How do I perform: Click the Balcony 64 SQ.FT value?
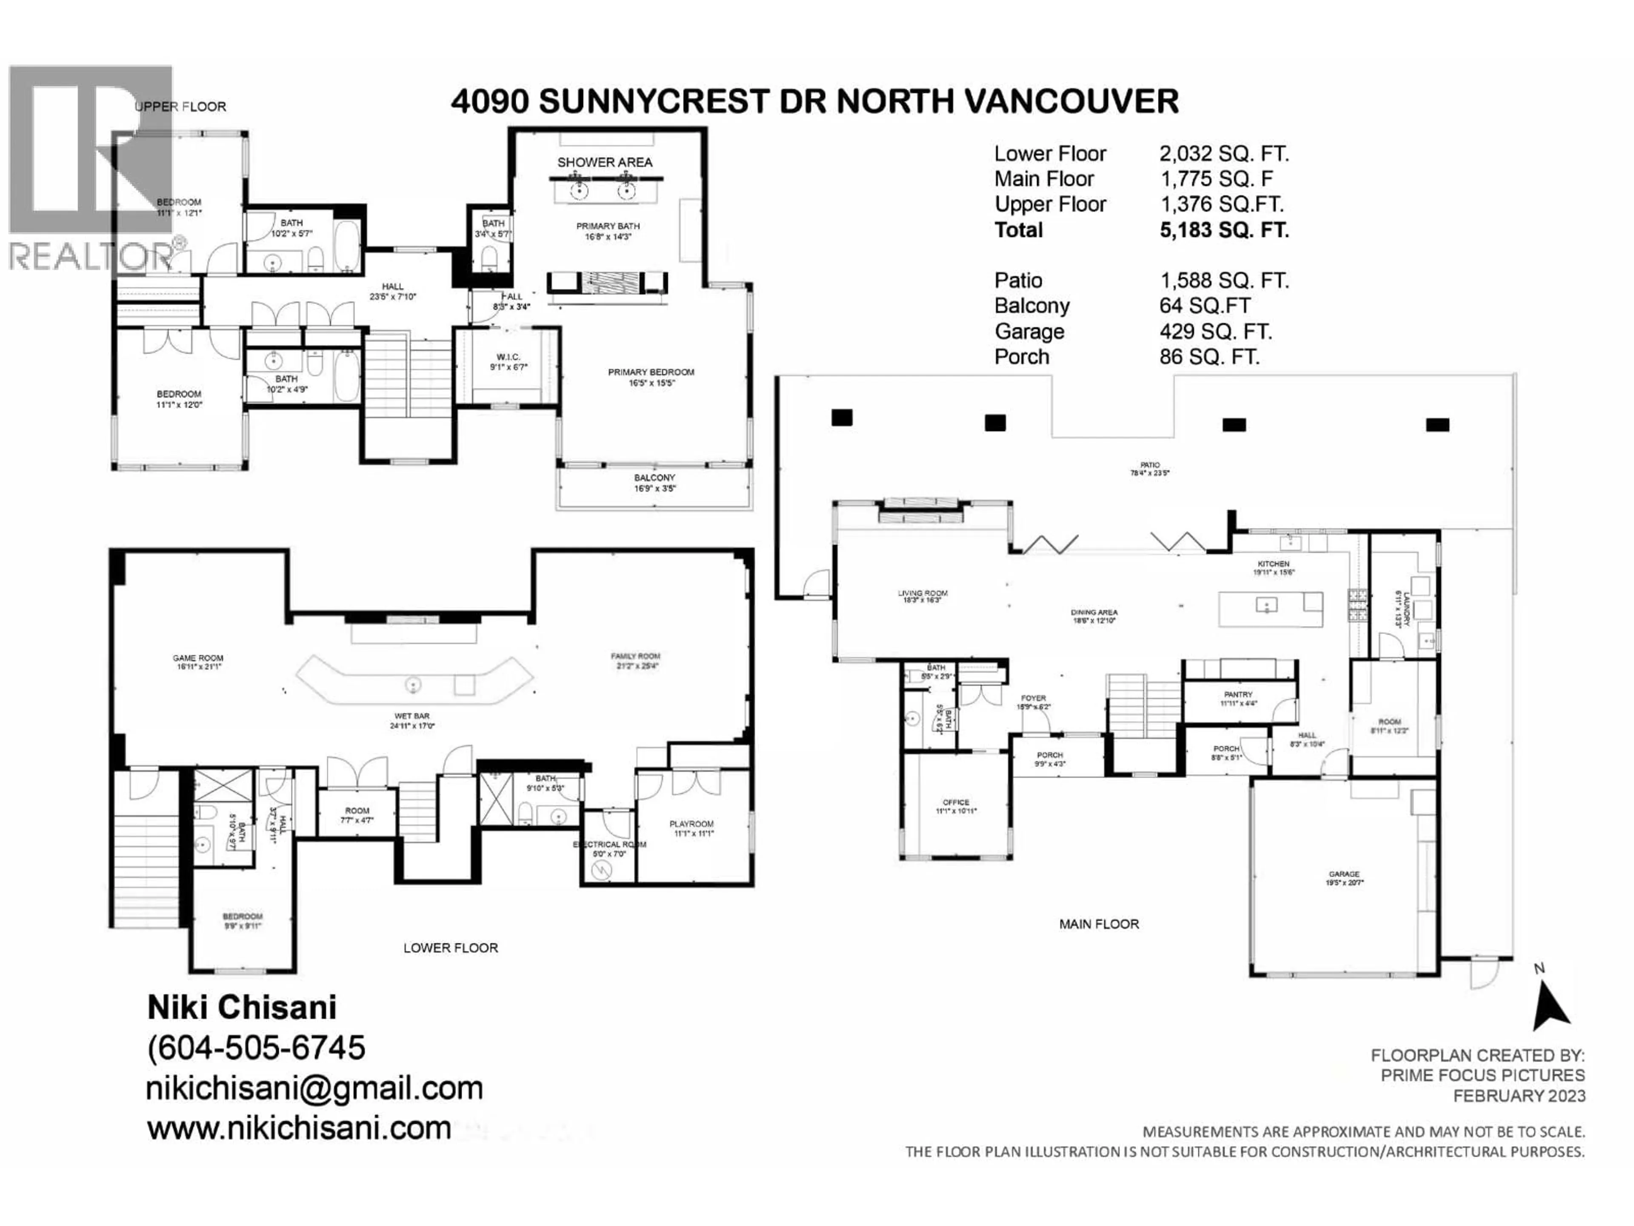pyautogui.click(x=1204, y=306)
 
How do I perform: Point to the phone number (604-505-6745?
pyautogui.click(x=256, y=1048)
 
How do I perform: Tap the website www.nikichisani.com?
pyautogui.click(x=298, y=1128)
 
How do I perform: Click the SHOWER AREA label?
pyautogui.click(x=604, y=162)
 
